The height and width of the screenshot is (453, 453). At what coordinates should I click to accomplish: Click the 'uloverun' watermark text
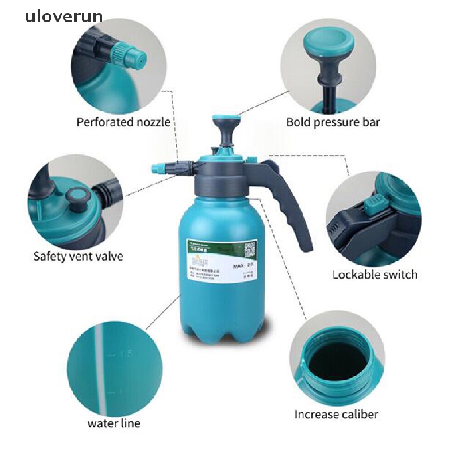tap(64, 17)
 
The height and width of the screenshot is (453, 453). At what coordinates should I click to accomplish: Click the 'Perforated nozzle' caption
tap(123, 122)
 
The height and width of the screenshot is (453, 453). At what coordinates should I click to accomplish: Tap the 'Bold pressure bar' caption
tap(333, 122)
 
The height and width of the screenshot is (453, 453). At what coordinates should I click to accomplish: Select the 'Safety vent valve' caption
tap(78, 256)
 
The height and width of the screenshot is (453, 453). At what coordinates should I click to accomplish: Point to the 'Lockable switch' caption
tap(375, 274)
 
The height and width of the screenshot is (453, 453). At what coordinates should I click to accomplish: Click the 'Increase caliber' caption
tap(336, 415)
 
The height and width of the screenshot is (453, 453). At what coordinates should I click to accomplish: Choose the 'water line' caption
tap(114, 423)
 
